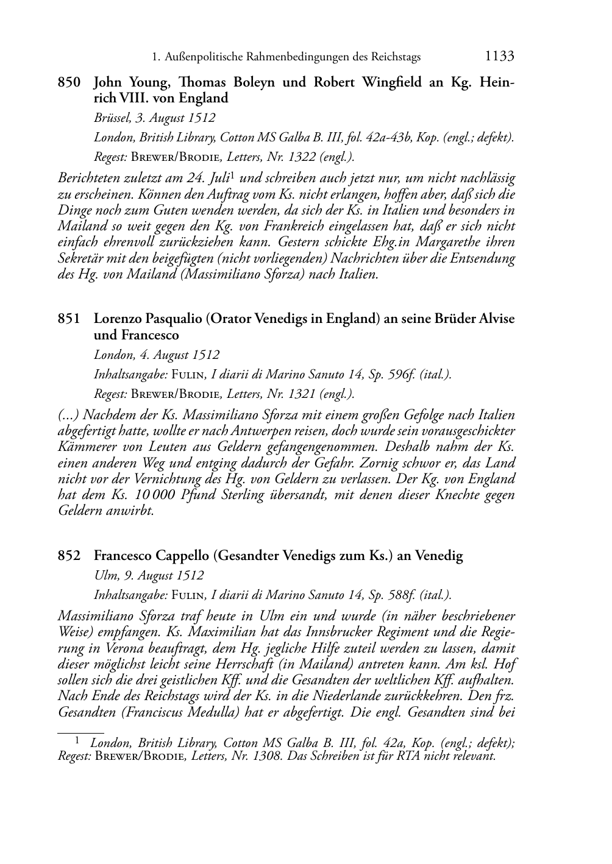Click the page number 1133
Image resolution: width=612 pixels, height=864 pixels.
[500, 57]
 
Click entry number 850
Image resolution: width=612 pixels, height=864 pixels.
[69, 82]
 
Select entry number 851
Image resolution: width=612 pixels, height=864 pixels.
[69, 319]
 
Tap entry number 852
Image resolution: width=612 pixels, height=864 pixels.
[69, 556]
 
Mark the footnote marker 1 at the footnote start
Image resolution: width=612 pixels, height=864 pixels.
[77, 740]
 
